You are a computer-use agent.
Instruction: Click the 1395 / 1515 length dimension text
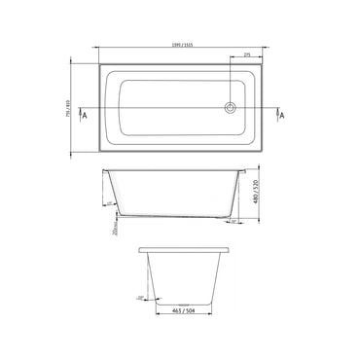click(180, 46)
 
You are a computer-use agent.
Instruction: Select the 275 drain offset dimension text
click(248, 54)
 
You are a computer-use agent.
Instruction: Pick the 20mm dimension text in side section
click(114, 230)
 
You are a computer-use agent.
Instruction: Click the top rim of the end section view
click(182, 247)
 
